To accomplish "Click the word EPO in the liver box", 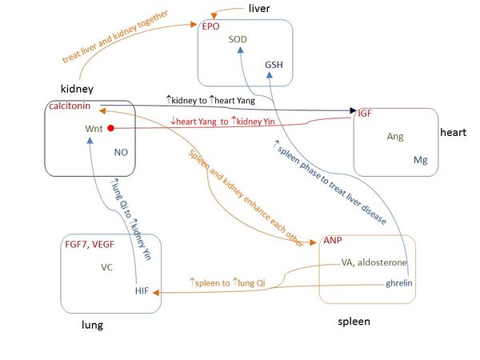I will tap(211, 26).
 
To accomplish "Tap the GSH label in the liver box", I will tap(274, 65).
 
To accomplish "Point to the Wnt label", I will tap(94, 128).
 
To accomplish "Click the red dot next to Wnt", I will tap(113, 128).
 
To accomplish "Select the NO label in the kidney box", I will tap(122, 151).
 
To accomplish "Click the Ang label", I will tap(395, 137).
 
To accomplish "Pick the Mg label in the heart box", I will tap(421, 160).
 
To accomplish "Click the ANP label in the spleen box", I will tap(333, 240).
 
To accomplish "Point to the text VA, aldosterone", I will tap(374, 262).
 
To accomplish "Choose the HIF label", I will tap(143, 290).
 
